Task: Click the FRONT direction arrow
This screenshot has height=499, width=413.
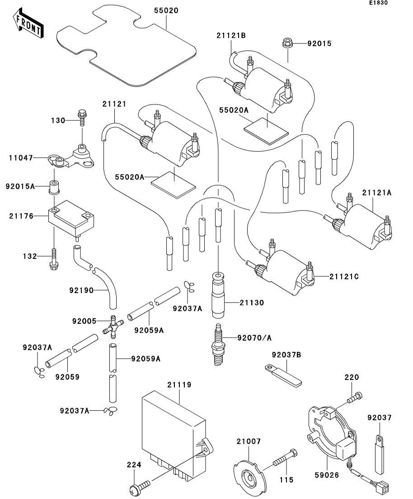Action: (x=28, y=24)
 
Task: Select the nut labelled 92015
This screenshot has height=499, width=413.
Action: (x=286, y=43)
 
